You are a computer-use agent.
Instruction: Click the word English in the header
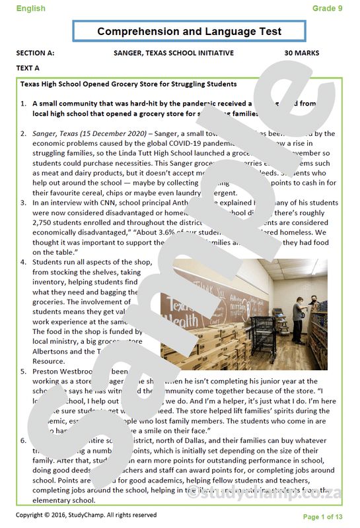coord(31,9)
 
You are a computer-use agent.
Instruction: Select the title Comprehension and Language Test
coord(189,32)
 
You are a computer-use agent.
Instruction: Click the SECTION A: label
coord(36,53)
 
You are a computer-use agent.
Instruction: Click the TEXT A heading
coord(28,68)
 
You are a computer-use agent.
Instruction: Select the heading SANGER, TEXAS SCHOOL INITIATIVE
coord(174,53)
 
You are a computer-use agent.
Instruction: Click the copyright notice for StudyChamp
coord(86,515)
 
